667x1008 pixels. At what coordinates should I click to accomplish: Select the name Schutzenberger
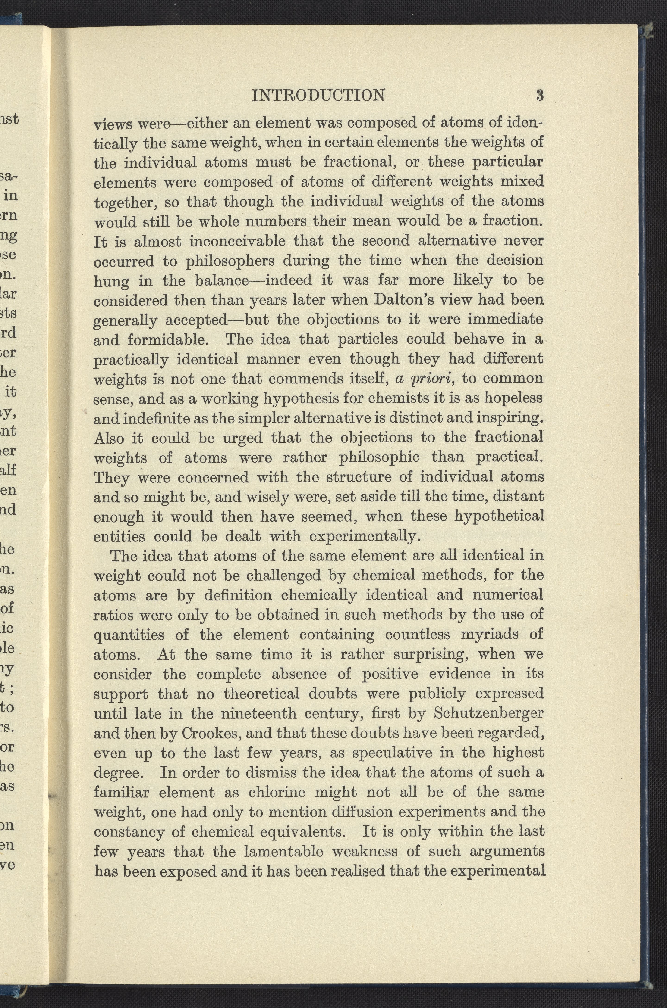[488, 713]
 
